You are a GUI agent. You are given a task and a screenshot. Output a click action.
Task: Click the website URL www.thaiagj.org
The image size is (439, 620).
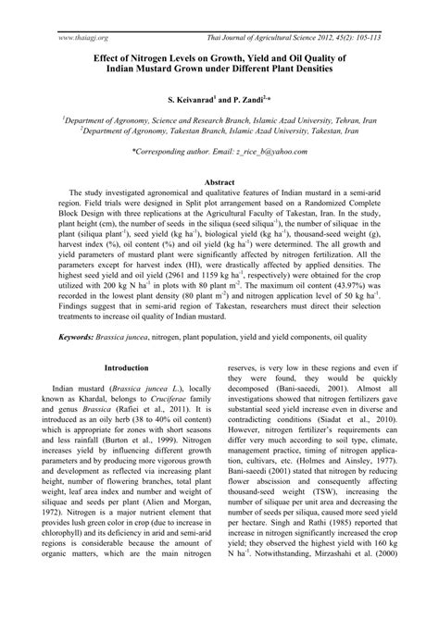click(83, 12)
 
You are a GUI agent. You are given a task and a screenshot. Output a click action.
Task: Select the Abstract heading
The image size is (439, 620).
click(219, 183)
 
